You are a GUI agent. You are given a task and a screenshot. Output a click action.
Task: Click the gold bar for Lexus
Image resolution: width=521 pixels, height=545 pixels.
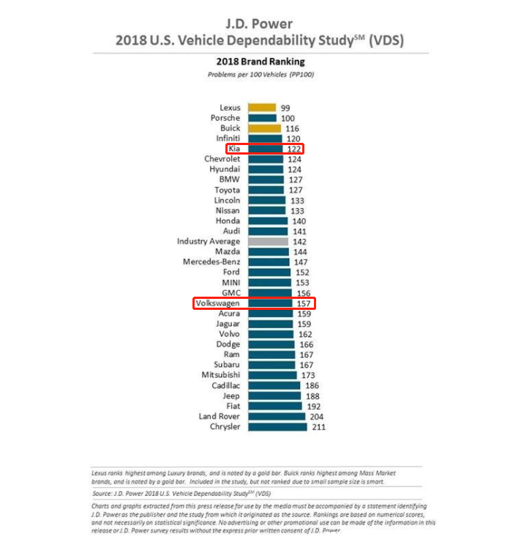coord(262,108)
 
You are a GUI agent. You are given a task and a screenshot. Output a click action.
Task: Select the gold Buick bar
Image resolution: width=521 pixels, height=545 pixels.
coord(264,128)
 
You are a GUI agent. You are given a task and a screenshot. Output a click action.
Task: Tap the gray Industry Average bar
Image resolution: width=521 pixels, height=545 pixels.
coord(268,241)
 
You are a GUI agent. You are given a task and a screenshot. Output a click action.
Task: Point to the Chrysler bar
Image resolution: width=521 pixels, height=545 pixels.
coord(277,426)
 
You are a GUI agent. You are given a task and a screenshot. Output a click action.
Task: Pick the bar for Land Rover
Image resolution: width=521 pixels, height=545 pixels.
coord(277,416)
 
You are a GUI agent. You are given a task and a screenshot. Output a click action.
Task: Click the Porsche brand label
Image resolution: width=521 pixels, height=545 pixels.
coord(225,118)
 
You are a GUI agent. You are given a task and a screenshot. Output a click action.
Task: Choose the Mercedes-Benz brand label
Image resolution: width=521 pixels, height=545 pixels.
coord(211,262)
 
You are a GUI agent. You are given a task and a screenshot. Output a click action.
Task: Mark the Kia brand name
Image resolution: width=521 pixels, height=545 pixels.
coord(234,149)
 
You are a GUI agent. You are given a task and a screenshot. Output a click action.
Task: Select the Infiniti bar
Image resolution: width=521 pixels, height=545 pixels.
coord(265,138)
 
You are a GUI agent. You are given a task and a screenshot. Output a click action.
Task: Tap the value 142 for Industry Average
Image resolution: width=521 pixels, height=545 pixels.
coord(299,241)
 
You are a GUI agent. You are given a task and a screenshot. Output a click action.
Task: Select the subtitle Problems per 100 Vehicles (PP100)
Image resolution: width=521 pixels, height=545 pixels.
coord(261,75)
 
